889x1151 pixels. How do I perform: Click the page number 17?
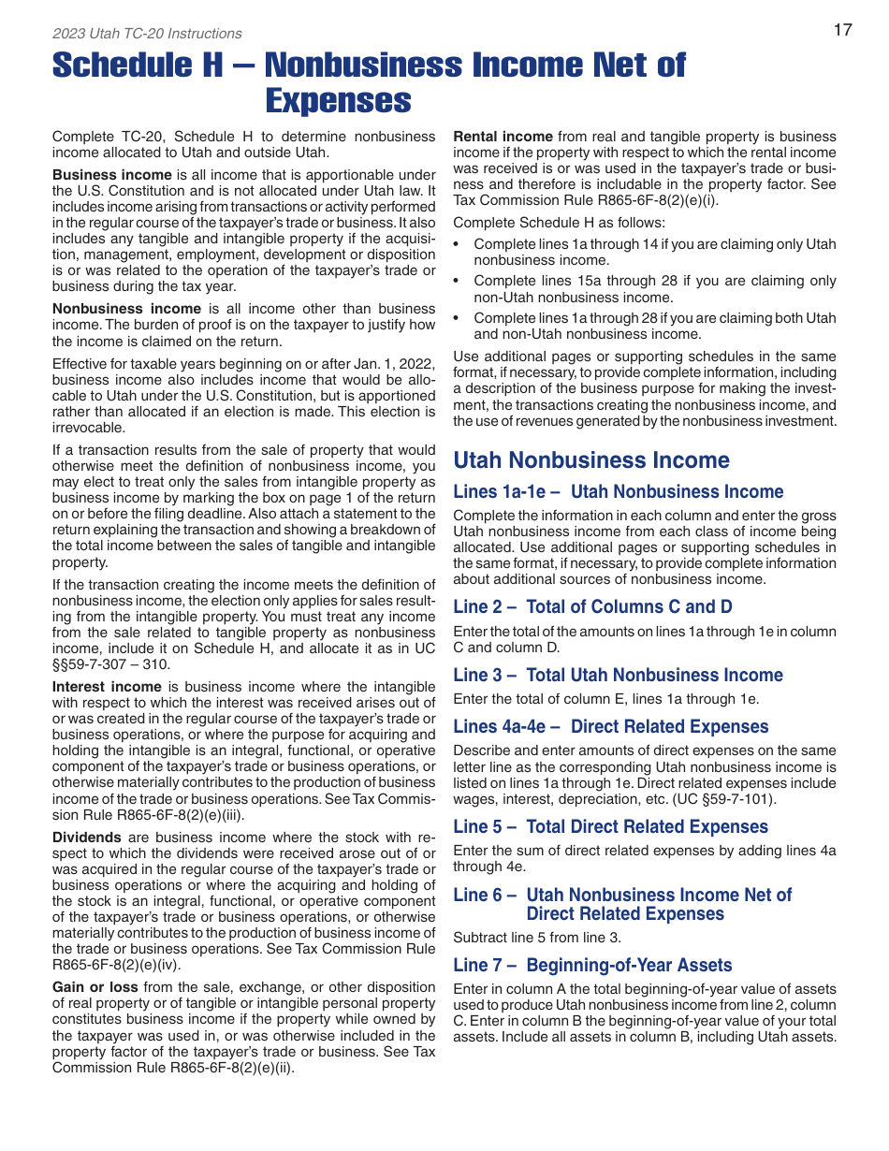(842, 30)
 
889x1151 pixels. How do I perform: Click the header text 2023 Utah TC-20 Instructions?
(147, 34)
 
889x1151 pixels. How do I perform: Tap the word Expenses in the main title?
(338, 100)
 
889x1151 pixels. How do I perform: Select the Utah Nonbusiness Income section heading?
(590, 459)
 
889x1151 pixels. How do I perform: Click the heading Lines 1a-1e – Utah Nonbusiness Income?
(618, 491)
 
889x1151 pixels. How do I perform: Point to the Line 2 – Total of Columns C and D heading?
(592, 606)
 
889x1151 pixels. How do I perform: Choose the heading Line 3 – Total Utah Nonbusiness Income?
(618, 675)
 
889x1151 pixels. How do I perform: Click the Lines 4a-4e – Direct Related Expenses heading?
(610, 726)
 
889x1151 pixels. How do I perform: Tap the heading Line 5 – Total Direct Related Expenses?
(610, 826)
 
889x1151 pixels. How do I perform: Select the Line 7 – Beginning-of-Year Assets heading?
(592, 965)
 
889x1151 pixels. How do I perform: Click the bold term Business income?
(112, 175)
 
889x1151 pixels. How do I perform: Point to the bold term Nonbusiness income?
(126, 309)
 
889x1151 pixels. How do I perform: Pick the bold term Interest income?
(107, 687)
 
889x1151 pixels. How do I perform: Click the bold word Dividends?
(86, 838)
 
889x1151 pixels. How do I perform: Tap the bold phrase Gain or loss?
(95, 987)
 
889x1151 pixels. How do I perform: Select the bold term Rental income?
(503, 137)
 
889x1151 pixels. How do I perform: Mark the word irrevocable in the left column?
(88, 427)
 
